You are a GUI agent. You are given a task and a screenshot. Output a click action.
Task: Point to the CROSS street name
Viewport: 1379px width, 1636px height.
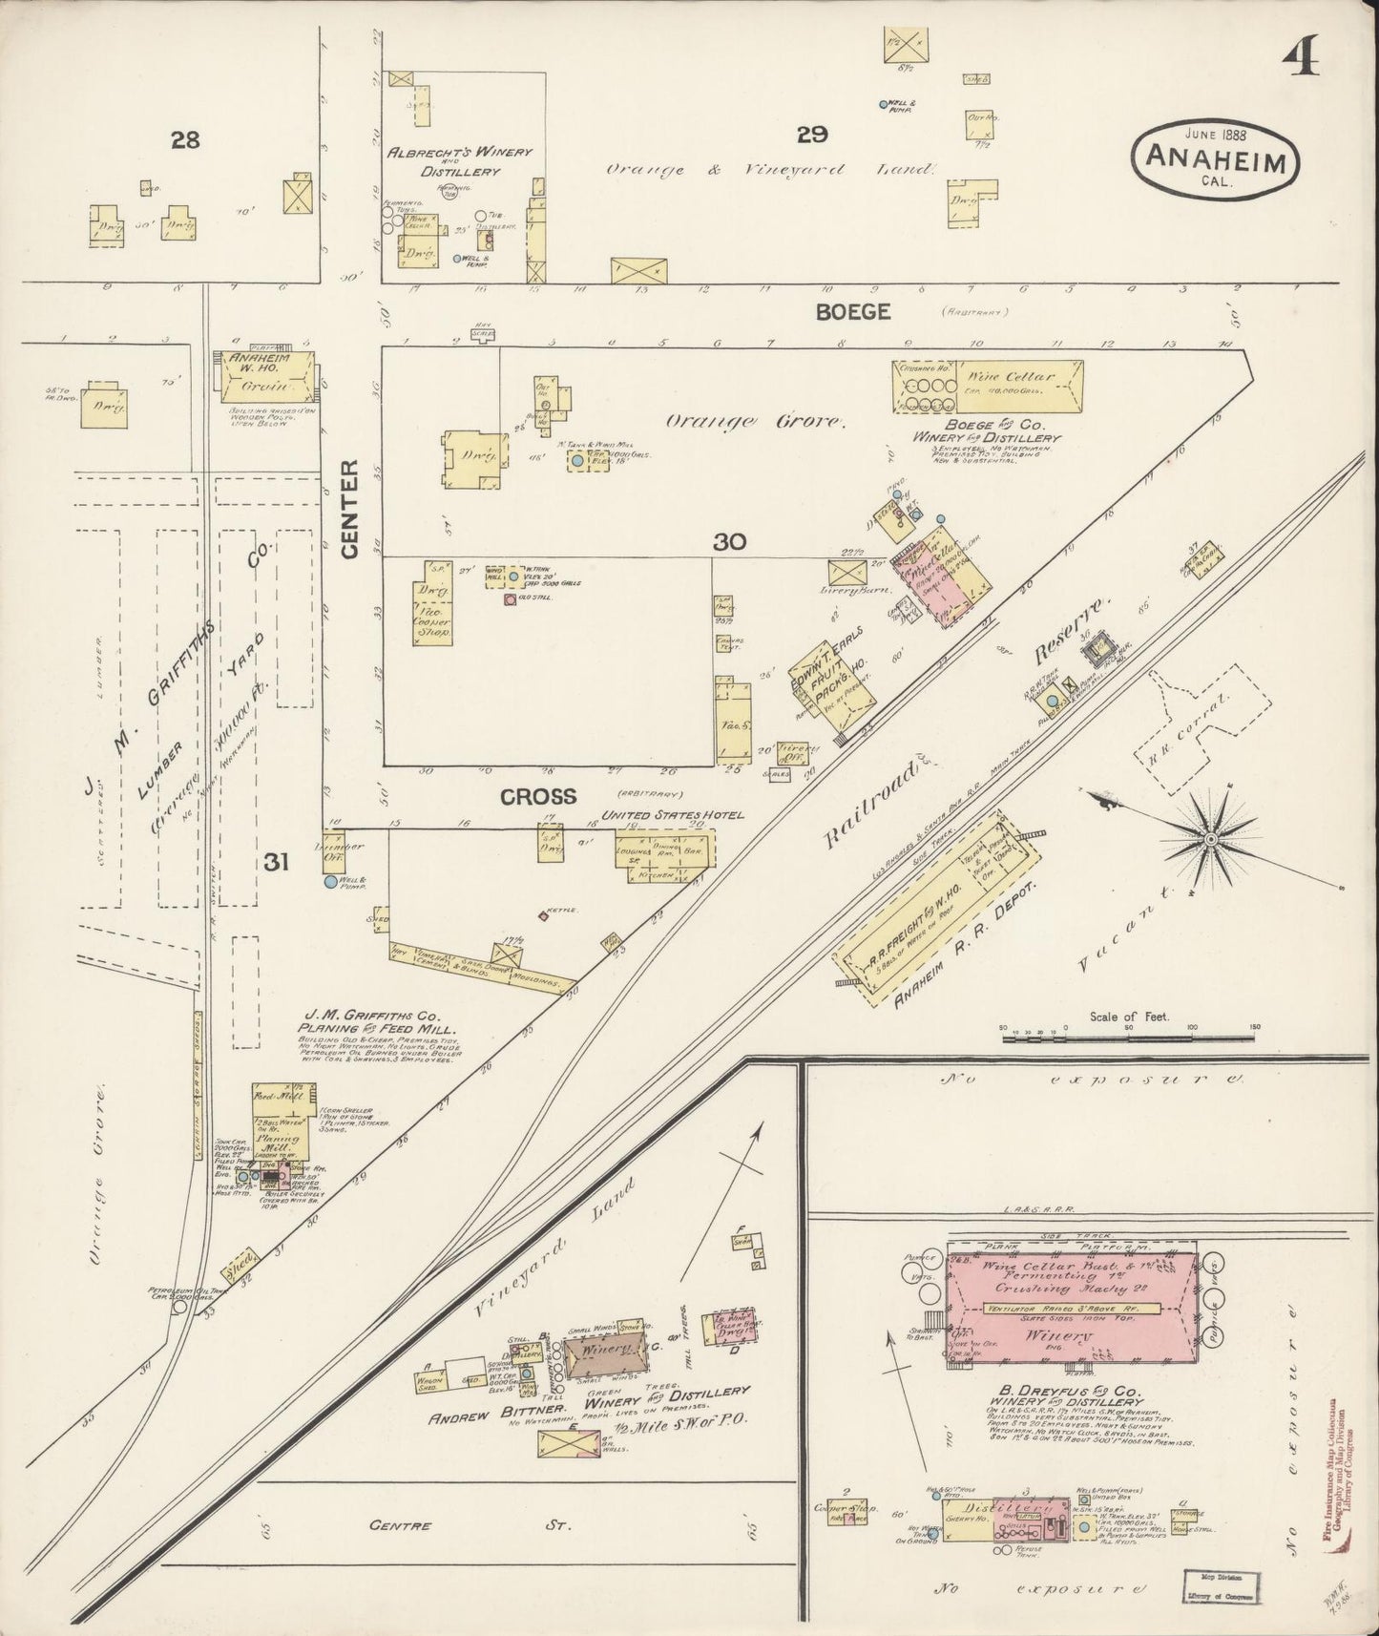click(x=539, y=794)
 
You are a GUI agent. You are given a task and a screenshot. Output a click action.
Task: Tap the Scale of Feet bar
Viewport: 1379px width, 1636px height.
click(x=1129, y=1033)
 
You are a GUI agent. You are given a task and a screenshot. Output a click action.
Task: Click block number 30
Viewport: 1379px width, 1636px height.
click(x=728, y=541)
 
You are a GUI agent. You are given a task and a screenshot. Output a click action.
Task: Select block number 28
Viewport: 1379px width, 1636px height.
click(x=184, y=140)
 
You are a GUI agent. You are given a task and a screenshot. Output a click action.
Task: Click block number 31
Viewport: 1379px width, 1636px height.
click(x=277, y=862)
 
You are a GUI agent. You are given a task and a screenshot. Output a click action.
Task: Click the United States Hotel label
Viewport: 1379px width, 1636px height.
click(x=672, y=815)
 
